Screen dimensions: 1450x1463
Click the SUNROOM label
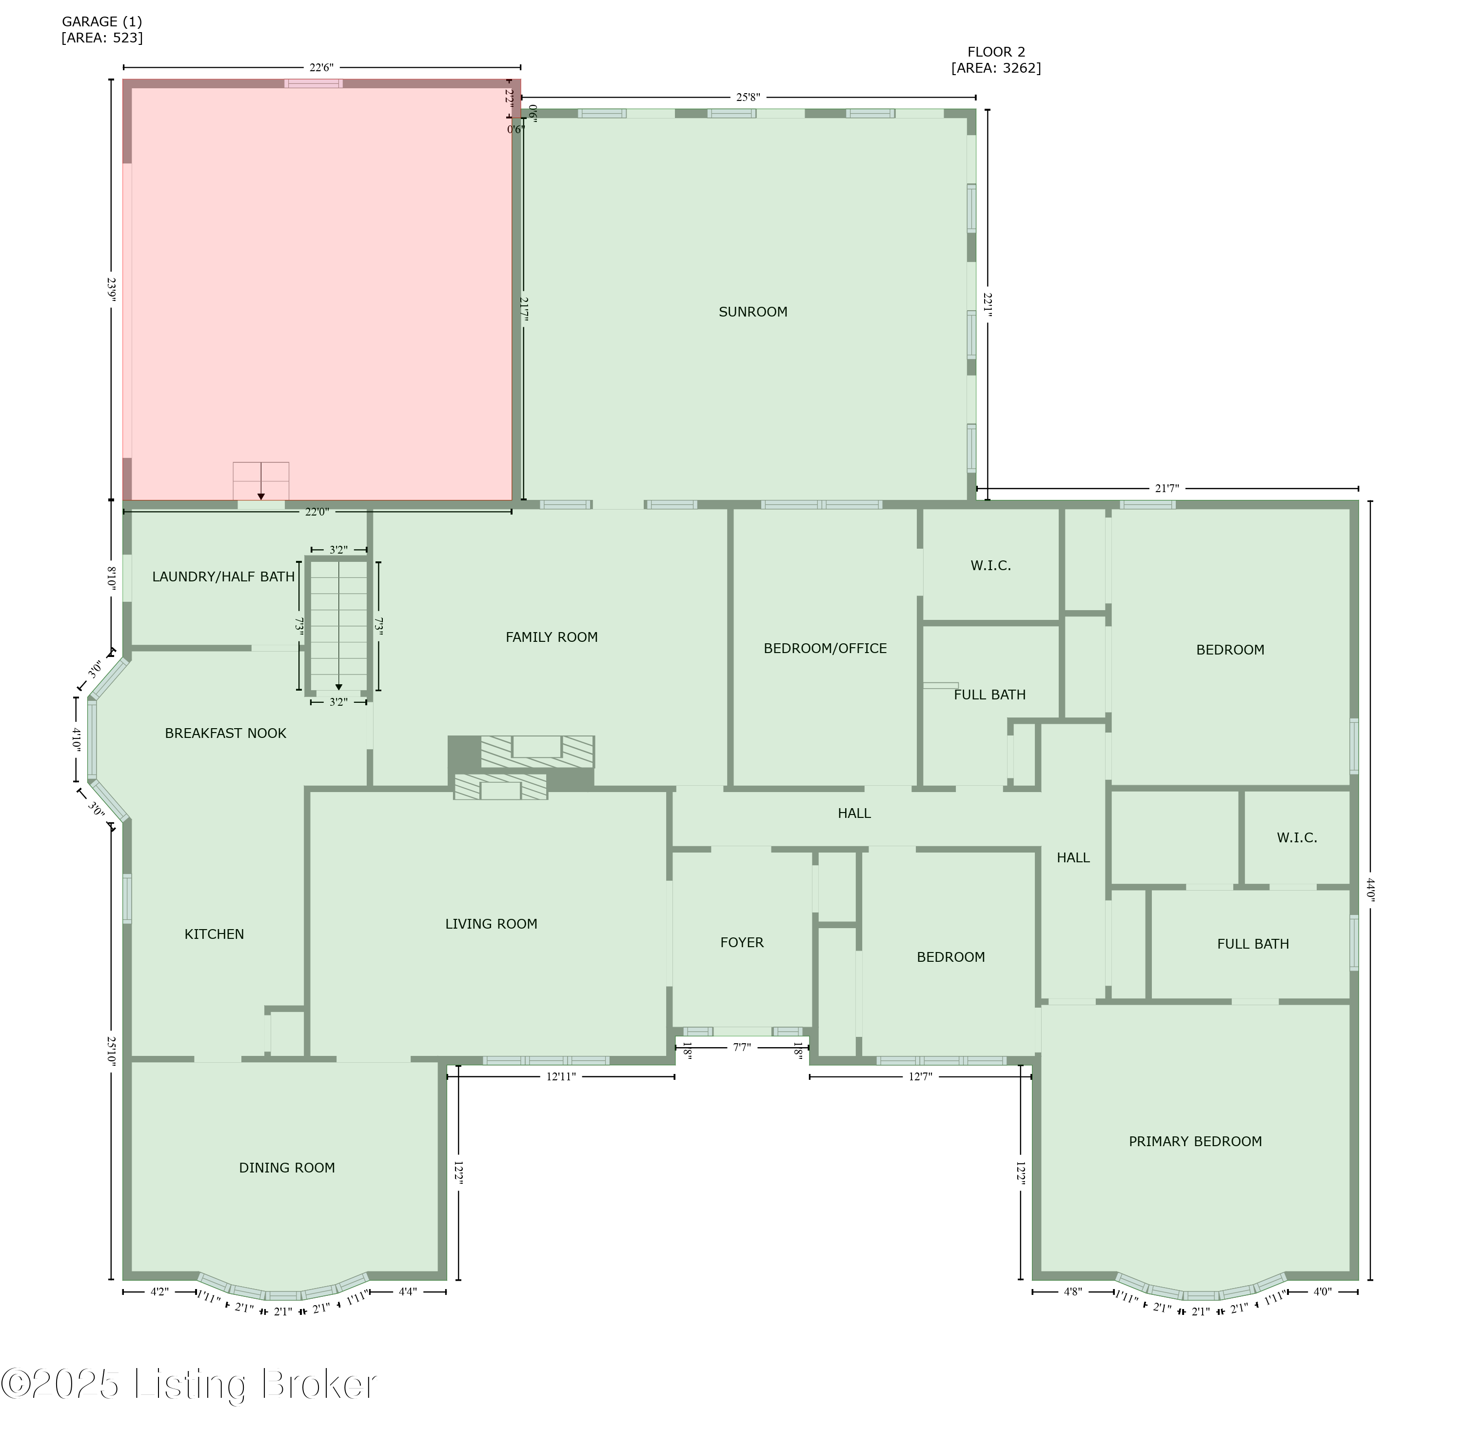coord(752,312)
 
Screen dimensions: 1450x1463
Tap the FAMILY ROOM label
coord(551,637)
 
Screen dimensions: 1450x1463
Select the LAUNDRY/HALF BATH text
coord(223,577)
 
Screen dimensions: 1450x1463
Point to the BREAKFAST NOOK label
coord(226,733)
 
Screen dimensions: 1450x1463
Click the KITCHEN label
coord(214,934)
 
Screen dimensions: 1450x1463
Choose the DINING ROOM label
coord(287,1168)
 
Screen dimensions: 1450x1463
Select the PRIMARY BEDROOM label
coord(1195,1142)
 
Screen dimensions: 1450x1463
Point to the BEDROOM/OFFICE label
coord(825,649)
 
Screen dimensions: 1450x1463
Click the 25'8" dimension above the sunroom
coord(748,98)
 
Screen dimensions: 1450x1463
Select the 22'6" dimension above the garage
coord(321,67)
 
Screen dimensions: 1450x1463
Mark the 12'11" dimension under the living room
coord(561,1077)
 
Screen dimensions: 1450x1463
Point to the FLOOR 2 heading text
coord(996,52)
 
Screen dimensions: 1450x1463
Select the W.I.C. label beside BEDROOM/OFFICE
coord(990,566)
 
